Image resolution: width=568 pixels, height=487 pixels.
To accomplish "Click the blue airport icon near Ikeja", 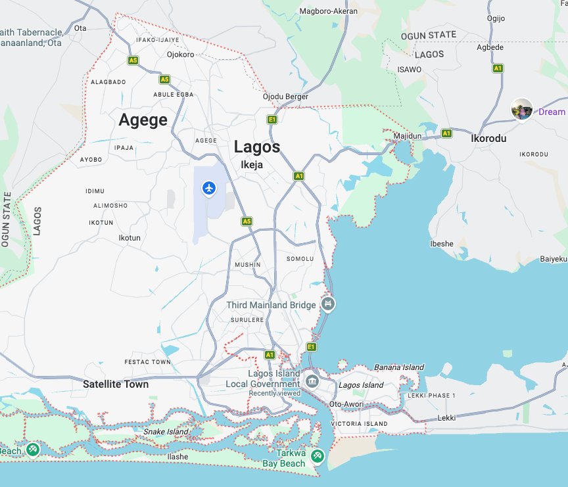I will click(209, 189).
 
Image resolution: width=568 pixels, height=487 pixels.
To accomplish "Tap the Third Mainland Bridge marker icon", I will click(327, 304).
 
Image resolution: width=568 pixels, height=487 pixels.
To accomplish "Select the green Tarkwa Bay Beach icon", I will click(317, 455).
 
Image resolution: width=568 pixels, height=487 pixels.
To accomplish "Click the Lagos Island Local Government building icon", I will click(312, 380).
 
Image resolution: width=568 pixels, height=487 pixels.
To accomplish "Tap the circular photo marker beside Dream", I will click(522, 110).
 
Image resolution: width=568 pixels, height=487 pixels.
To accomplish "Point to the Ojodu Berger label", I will click(285, 97).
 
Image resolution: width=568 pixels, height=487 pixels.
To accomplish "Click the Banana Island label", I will click(399, 367).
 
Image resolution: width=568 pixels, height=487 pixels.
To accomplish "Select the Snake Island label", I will click(166, 432).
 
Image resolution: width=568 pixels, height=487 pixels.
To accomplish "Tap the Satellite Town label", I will click(116, 384).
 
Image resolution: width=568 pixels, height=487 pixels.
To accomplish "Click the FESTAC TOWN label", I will click(147, 362).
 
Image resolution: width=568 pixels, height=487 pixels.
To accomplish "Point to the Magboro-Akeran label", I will click(328, 11).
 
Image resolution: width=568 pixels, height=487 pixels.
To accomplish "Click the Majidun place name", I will click(408, 135).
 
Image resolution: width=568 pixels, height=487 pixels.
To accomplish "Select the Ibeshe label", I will click(441, 244).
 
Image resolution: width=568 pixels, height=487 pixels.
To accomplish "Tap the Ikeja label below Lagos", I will click(252, 165).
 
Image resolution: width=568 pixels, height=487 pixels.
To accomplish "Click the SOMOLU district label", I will click(300, 259).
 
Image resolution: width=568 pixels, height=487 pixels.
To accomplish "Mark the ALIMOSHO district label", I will click(110, 206).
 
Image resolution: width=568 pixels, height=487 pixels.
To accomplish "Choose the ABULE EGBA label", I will click(173, 94).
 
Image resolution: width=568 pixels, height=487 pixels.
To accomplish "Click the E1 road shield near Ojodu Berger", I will click(272, 119).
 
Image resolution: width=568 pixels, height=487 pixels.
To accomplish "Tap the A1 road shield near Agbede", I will click(498, 68).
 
